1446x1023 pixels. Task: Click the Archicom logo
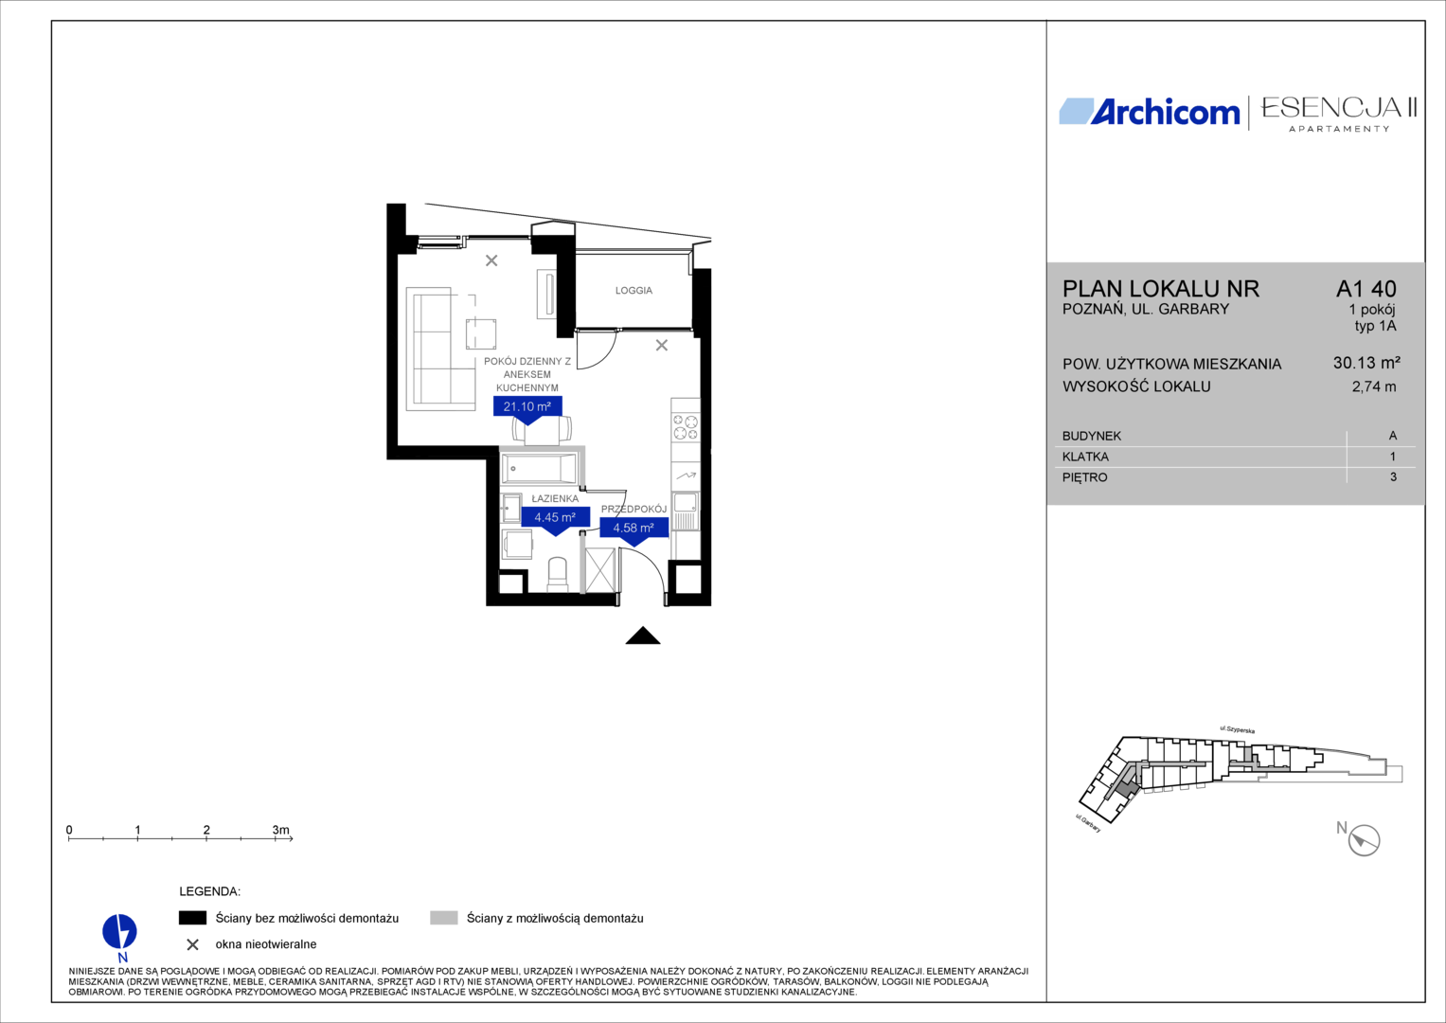1149,112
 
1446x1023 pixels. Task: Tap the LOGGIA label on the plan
634,291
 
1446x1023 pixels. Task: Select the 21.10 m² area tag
527,407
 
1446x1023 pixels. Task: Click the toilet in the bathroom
557,574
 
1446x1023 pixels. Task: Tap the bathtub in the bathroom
539,468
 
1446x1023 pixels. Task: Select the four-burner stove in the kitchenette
686,427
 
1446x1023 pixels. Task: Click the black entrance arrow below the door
642,636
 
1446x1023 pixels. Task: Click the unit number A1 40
1366,289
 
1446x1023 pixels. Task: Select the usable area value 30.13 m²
1366,363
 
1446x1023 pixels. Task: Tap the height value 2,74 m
1374,386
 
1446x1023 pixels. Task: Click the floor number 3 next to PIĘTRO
1393,477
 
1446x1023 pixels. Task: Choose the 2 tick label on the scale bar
206,830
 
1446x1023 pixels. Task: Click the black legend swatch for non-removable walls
192,918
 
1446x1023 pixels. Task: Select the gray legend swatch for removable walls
443,918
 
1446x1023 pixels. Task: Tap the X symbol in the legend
192,945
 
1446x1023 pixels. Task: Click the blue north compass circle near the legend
119,932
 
